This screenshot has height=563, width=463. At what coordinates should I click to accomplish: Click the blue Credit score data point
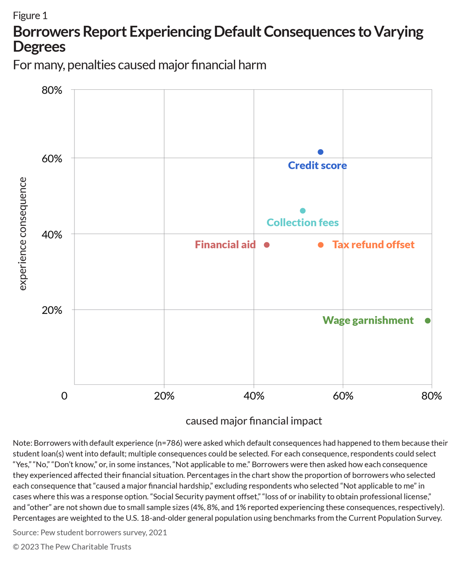click(x=320, y=152)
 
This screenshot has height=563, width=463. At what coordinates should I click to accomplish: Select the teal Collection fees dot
click(x=303, y=211)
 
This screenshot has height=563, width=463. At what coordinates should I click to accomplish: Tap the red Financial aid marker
click(x=267, y=245)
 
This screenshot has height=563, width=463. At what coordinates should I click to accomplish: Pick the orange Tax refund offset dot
click(x=320, y=245)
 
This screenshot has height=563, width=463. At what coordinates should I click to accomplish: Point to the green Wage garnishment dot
click(x=427, y=321)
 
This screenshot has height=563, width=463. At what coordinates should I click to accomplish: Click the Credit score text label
click(x=317, y=166)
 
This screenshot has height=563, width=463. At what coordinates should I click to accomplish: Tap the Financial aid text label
click(x=225, y=245)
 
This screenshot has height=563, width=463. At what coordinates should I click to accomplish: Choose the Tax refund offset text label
click(x=373, y=245)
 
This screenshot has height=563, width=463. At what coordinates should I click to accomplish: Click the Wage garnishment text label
click(x=368, y=320)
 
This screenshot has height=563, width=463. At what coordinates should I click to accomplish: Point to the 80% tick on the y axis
click(x=52, y=90)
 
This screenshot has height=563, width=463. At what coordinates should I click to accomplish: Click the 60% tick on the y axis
click(x=52, y=159)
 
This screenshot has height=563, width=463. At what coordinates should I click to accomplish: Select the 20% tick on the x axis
click(x=164, y=397)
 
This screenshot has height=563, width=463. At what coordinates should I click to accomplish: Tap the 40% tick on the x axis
click(x=253, y=397)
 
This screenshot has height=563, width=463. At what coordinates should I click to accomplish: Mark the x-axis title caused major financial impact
click(x=254, y=421)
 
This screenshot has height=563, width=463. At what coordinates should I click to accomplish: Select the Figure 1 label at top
click(x=30, y=15)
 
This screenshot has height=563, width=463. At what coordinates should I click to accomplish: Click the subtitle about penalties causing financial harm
click(x=139, y=65)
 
